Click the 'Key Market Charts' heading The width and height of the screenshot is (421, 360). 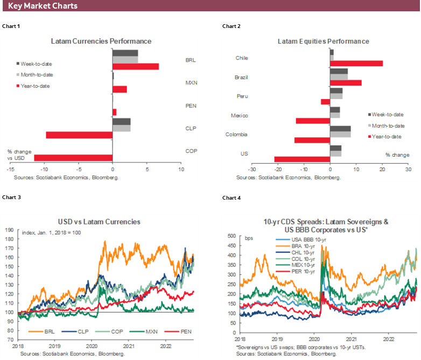click(43, 6)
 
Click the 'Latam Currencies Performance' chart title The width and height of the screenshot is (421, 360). click(101, 41)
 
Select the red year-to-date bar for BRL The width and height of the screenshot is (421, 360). click(136, 67)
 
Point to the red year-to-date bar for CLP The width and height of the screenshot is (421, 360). click(79, 135)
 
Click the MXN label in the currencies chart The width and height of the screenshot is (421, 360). click(190, 83)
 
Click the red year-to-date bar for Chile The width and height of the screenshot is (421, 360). click(356, 63)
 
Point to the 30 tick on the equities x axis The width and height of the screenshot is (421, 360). click(408, 169)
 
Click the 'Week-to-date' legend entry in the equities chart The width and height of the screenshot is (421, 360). click(387, 115)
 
